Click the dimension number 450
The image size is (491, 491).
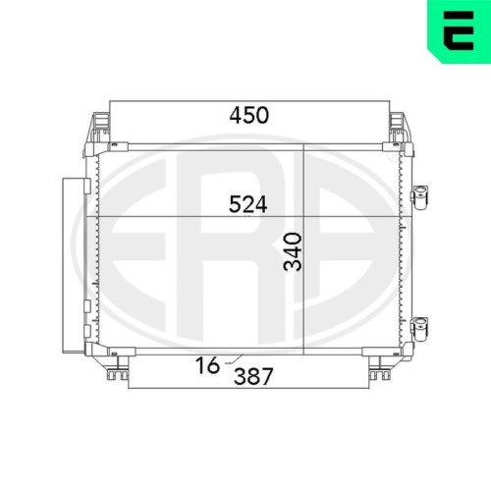coord(249,115)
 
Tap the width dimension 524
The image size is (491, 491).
coord(248,204)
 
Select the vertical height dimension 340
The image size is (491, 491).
coord(293,251)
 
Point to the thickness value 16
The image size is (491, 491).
coord(207,365)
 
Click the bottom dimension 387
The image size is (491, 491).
coord(253,376)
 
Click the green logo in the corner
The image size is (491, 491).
coord(459,31)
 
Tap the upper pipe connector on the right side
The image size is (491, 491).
coord(420,197)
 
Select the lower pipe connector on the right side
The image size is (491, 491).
coord(420,329)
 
